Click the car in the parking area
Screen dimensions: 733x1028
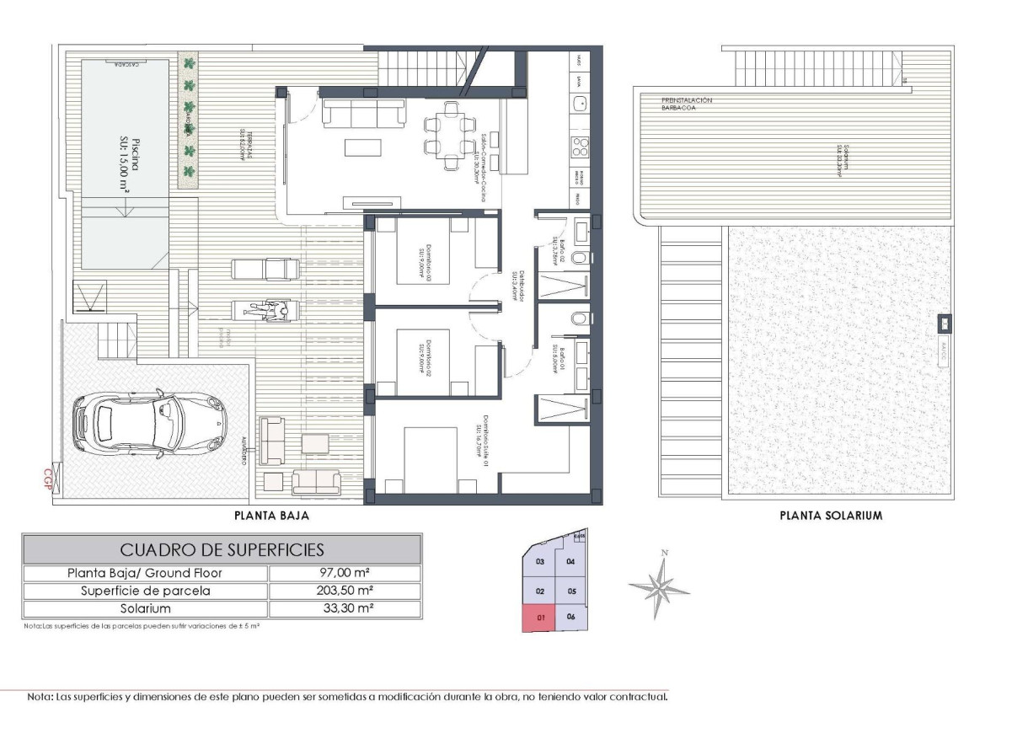[150, 424]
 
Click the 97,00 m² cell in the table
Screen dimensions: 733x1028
[345, 573]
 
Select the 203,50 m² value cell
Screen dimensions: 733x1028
[345, 591]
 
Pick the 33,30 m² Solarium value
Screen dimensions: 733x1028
[345, 608]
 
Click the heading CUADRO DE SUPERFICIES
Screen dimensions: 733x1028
[222, 550]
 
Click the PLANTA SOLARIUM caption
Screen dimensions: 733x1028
[830, 515]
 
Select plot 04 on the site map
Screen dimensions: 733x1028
[570, 561]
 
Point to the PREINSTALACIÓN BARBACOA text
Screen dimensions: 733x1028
[687, 104]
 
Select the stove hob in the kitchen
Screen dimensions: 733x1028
[581, 147]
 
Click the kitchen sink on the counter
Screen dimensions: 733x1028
[581, 104]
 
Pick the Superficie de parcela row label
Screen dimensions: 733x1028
[146, 591]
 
